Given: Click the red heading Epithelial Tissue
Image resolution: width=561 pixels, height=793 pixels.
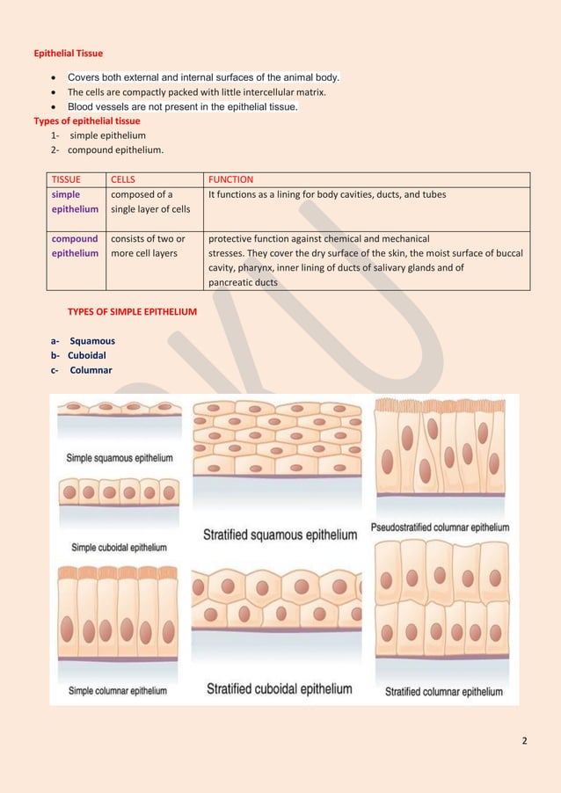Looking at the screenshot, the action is click(68, 54).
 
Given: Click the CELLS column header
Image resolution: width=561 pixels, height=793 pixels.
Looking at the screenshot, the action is click(123, 179).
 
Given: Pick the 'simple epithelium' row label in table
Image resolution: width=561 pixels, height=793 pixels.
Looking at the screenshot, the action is click(75, 201).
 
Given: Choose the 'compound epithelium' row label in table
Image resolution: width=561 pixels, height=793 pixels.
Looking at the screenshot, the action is click(75, 245).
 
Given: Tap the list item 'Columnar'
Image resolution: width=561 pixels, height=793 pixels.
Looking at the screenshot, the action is click(89, 369).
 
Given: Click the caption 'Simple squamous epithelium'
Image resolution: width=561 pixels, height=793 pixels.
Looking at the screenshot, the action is click(120, 458).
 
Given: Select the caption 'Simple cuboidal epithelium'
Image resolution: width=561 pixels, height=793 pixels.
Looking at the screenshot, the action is click(119, 547).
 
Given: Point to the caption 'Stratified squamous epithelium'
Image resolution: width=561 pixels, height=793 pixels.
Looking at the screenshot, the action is click(280, 535).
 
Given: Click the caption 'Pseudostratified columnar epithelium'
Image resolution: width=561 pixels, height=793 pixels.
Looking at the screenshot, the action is click(440, 527).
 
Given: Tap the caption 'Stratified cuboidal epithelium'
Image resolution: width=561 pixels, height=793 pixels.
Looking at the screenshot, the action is click(279, 689).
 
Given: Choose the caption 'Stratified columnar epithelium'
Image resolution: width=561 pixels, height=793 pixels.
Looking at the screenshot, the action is click(444, 692).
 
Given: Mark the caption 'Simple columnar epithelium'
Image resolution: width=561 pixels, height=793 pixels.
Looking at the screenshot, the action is click(118, 691).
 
